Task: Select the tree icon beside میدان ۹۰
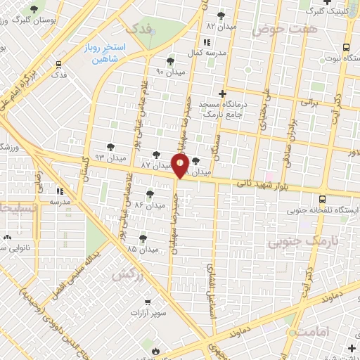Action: tap(169, 61)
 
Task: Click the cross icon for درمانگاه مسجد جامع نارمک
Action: tap(222, 93)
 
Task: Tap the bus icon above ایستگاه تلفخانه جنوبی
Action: tap(322, 199)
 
